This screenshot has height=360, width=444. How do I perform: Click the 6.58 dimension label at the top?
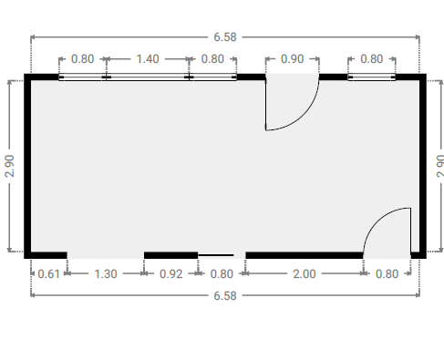click(225, 37)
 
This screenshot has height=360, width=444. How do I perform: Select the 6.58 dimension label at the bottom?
click(225, 295)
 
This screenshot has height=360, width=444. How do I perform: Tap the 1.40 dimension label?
click(148, 59)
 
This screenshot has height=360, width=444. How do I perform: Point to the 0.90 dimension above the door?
click(292, 59)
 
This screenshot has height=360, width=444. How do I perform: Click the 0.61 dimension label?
click(48, 274)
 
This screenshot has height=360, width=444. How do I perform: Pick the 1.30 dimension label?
click(106, 274)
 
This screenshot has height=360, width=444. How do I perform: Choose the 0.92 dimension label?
click(171, 274)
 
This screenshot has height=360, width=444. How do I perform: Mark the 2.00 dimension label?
click(305, 274)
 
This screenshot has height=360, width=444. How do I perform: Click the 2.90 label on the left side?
click(10, 166)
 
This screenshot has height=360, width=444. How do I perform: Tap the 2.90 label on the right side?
click(440, 166)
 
